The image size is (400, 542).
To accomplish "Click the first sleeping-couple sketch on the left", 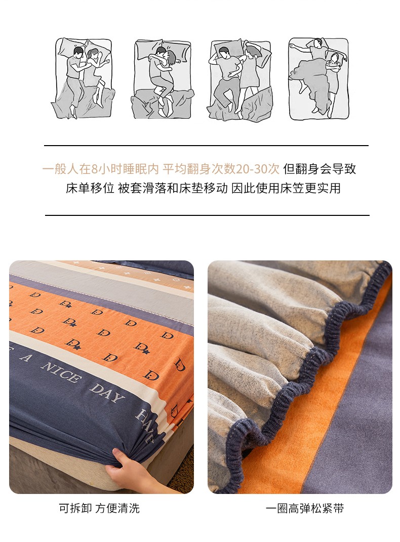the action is tap(83, 78).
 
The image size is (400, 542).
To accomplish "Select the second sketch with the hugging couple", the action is tap(163, 79).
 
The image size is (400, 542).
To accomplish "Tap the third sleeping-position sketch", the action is tap(241, 79).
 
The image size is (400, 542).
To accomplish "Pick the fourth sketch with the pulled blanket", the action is tap(318, 79).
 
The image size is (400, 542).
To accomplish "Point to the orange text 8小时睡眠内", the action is tap(125, 169).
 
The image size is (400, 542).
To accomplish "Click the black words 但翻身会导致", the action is tap(319, 169).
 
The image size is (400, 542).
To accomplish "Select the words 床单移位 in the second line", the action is tap(90, 189).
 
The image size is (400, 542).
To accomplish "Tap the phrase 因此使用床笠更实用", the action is tap(286, 189).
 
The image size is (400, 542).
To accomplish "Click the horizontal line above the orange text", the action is tap(206, 146).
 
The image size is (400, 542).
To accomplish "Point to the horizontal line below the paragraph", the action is tap(207, 215).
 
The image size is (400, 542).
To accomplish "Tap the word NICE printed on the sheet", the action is tap(60, 372).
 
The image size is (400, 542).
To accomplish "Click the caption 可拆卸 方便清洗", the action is tap(99, 509).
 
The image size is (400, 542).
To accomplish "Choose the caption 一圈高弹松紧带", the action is tap(305, 509).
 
